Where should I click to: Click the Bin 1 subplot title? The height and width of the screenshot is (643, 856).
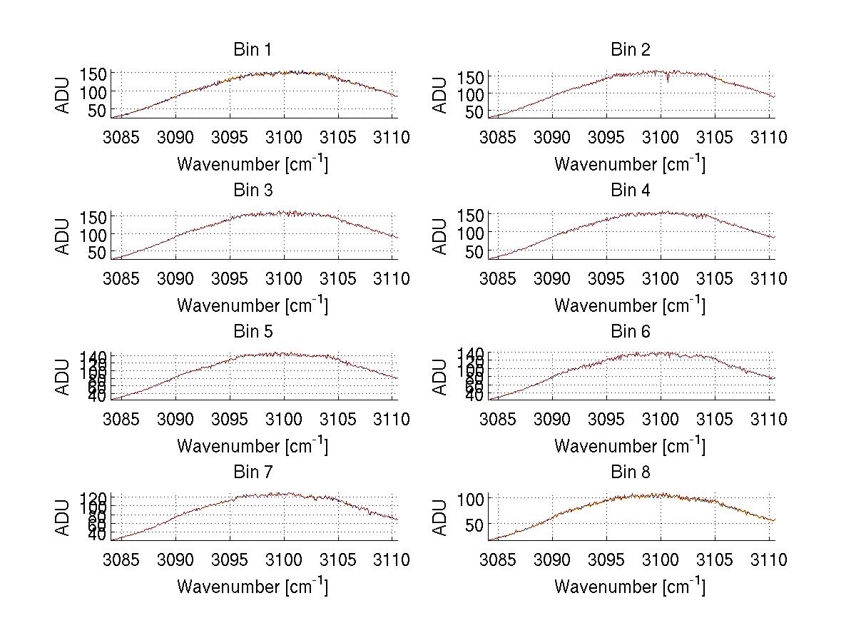click(252, 49)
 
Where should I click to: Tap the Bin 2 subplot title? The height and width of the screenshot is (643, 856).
click(631, 49)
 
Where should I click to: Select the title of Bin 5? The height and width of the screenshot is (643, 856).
click(252, 331)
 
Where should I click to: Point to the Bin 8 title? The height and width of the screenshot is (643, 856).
click(631, 472)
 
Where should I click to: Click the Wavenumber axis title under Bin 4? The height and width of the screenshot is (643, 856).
click(629, 305)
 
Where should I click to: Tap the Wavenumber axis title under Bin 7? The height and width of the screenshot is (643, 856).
click(252, 587)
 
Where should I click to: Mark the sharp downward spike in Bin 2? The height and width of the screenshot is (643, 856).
click(668, 81)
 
